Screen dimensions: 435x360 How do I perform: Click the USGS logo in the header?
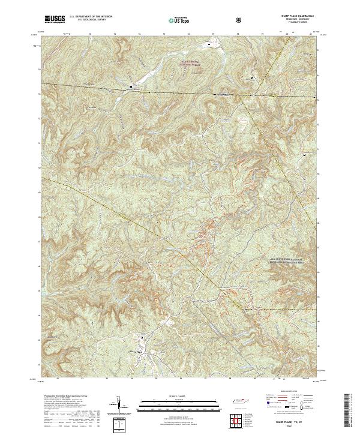point(55,19)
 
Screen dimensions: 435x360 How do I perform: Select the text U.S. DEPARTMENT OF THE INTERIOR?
point(91,17)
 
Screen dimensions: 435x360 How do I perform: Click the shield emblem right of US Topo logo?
point(240,19)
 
